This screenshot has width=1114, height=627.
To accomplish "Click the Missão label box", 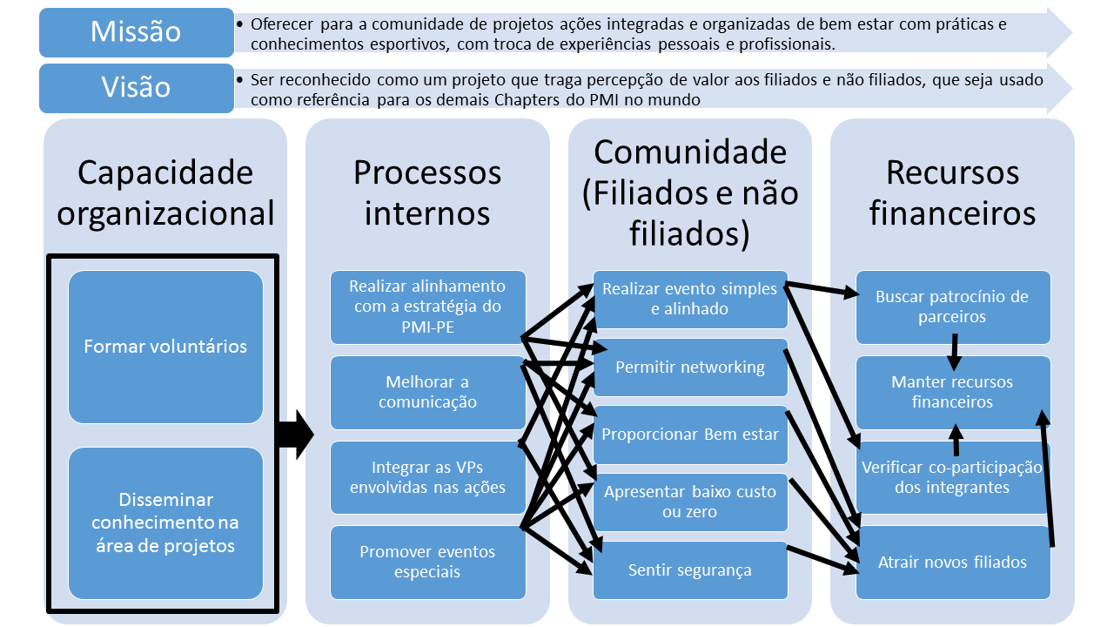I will [136, 32].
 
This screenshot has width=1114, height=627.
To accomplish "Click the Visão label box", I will [136, 87].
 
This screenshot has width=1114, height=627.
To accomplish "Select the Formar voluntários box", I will [165, 347].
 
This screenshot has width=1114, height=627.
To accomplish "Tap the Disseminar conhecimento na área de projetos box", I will [165, 522].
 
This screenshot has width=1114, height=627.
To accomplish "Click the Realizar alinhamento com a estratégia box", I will [426, 307].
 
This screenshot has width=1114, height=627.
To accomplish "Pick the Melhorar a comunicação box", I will [426, 392].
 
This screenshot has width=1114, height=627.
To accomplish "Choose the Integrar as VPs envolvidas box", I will [426, 477].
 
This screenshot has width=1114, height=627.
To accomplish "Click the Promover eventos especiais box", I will [426, 562].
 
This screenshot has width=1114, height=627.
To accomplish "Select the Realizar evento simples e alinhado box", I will [689, 299].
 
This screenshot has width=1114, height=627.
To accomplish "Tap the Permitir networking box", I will [689, 367].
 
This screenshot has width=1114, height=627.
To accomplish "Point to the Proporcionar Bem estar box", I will [689, 435].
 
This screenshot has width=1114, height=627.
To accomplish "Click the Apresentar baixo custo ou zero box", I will [689, 502].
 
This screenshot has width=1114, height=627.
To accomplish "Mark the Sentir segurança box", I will [689, 570].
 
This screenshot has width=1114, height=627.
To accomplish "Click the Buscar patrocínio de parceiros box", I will [952, 307].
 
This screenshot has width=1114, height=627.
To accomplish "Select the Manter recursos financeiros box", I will [952, 392].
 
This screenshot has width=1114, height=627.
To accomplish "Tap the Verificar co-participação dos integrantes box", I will [952, 477].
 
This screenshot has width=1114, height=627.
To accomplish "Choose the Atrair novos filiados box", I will [952, 562].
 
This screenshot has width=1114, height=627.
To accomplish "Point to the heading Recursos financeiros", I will [952, 192].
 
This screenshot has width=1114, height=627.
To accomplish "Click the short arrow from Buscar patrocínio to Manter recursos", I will [954, 351].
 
